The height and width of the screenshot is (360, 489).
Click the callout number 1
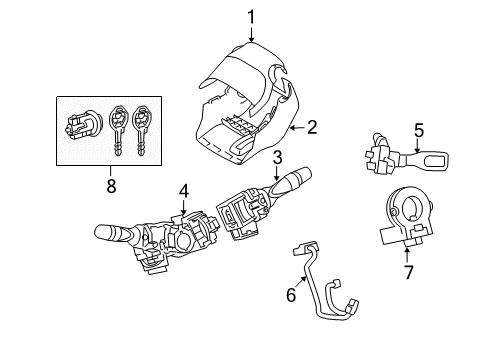point(251,15)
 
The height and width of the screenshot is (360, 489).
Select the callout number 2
point(312,127)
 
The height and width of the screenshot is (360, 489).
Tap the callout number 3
point(277,156)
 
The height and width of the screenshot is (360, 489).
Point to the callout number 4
point(184,190)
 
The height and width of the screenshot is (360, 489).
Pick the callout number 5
point(419,128)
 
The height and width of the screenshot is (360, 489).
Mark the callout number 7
point(408,273)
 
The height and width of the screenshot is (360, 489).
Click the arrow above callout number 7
point(408,255)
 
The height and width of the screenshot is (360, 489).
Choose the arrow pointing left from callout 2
point(297,127)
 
